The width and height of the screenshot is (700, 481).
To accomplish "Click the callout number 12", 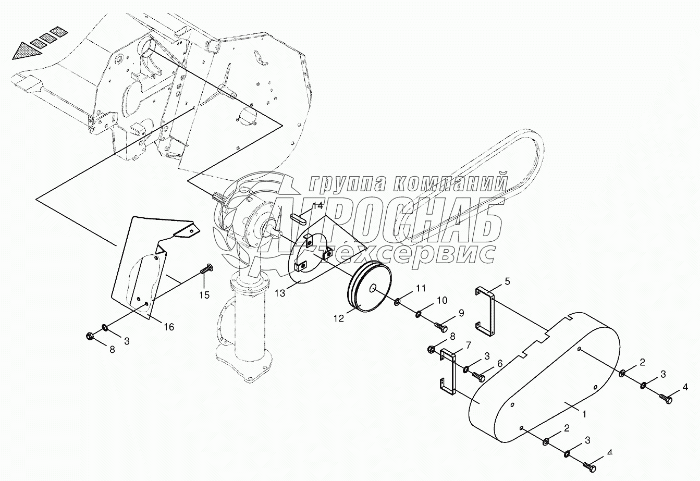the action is [339, 318].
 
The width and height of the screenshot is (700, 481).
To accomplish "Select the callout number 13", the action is [280, 293].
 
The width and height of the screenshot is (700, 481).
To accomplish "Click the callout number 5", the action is [507, 282].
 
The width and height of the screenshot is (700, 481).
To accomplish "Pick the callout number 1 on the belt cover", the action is [584, 414].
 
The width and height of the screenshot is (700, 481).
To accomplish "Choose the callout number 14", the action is [318, 205].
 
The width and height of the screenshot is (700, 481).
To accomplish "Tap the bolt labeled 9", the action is [441, 327].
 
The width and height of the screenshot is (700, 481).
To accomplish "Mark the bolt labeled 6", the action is [479, 374].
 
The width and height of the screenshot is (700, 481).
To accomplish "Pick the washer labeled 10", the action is [419, 314].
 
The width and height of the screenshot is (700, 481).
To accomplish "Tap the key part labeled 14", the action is [301, 217].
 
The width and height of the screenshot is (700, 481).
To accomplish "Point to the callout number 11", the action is [421, 288].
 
